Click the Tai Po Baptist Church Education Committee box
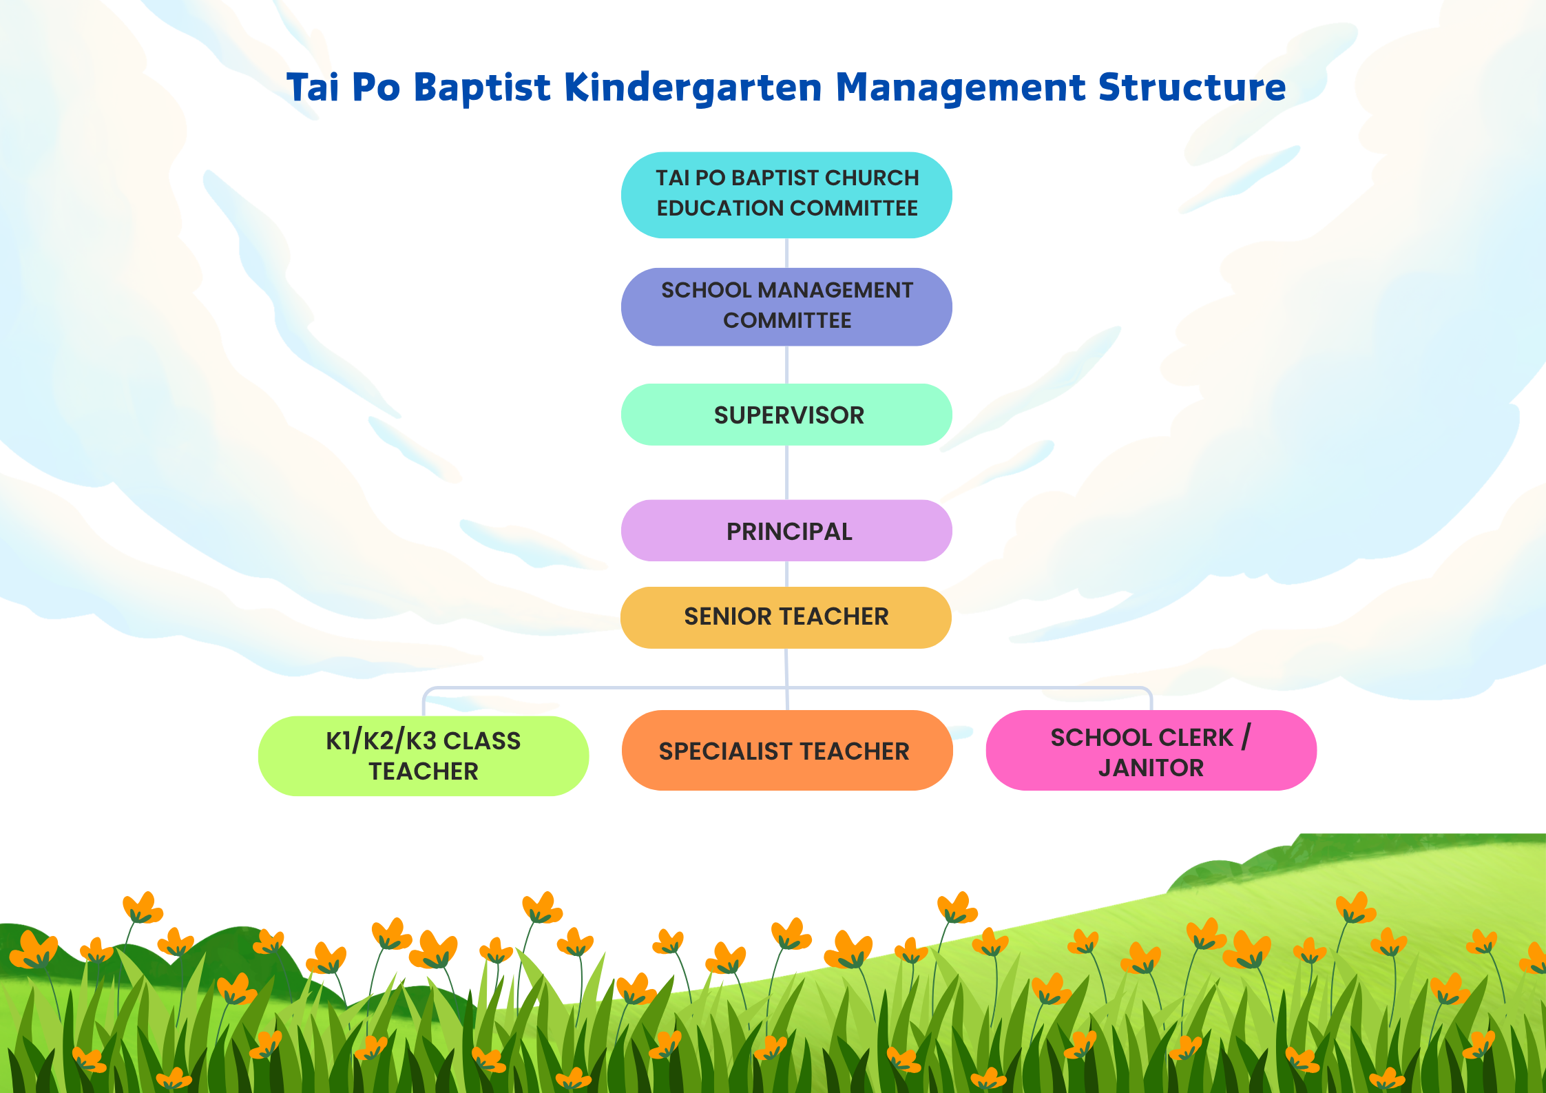tap(786, 195)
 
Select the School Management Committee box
tap(786, 306)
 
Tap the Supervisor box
tap(786, 415)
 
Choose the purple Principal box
tap(786, 530)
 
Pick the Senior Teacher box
tap(786, 617)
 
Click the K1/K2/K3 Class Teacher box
tap(424, 756)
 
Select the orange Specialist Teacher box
tap(787, 750)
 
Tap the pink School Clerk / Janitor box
tap(1151, 750)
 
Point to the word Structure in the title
tap(1192, 87)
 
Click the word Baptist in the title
tap(482, 88)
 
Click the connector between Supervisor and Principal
tap(787, 472)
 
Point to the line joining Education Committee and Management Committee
tap(787, 253)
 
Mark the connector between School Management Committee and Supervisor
tap(787, 364)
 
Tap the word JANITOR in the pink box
tap(1151, 768)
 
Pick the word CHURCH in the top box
tap(872, 178)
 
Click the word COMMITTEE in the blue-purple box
tap(787, 320)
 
